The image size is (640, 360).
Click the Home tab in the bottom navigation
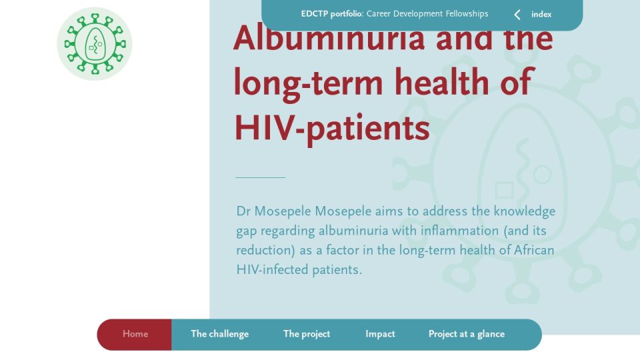tap(135, 334)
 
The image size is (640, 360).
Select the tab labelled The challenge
tap(219, 334)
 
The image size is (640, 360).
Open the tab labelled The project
tap(307, 334)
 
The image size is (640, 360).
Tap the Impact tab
tap(380, 334)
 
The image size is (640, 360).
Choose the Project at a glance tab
tap(467, 334)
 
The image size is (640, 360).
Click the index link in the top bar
tap(541, 14)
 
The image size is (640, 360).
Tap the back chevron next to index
tap(517, 15)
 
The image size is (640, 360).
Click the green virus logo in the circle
tap(95, 44)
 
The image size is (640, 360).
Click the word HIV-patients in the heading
tap(332, 128)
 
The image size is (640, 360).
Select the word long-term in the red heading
tap(309, 83)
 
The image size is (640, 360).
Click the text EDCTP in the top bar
tap(314, 14)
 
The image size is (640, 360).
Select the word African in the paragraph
tap(534, 250)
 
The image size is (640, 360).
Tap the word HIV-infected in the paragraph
tap(272, 269)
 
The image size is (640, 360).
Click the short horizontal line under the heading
tap(261, 177)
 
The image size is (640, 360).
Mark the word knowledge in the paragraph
tap(525, 212)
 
